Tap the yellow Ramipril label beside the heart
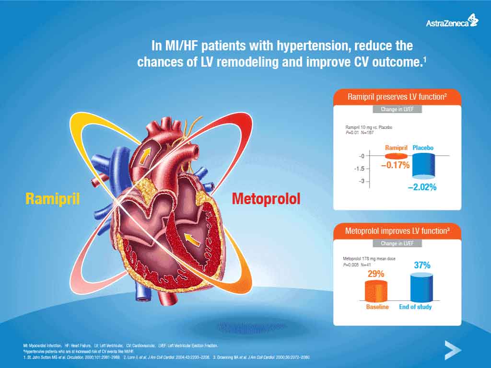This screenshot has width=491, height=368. (52, 198)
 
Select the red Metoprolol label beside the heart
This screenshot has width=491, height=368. (266, 198)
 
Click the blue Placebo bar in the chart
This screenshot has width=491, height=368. (423, 166)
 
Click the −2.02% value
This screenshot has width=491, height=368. (422, 187)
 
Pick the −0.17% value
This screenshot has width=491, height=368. (395, 165)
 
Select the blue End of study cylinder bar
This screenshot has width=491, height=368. (422, 287)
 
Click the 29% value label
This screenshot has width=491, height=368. (375, 274)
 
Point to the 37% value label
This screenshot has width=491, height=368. (422, 265)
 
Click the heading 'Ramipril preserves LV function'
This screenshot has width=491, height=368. (397, 97)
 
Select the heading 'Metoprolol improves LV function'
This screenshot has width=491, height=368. (397, 231)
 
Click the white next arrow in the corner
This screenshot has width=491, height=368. (452, 350)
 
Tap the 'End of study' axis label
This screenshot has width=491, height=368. (415, 307)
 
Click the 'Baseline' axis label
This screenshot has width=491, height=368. (377, 307)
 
